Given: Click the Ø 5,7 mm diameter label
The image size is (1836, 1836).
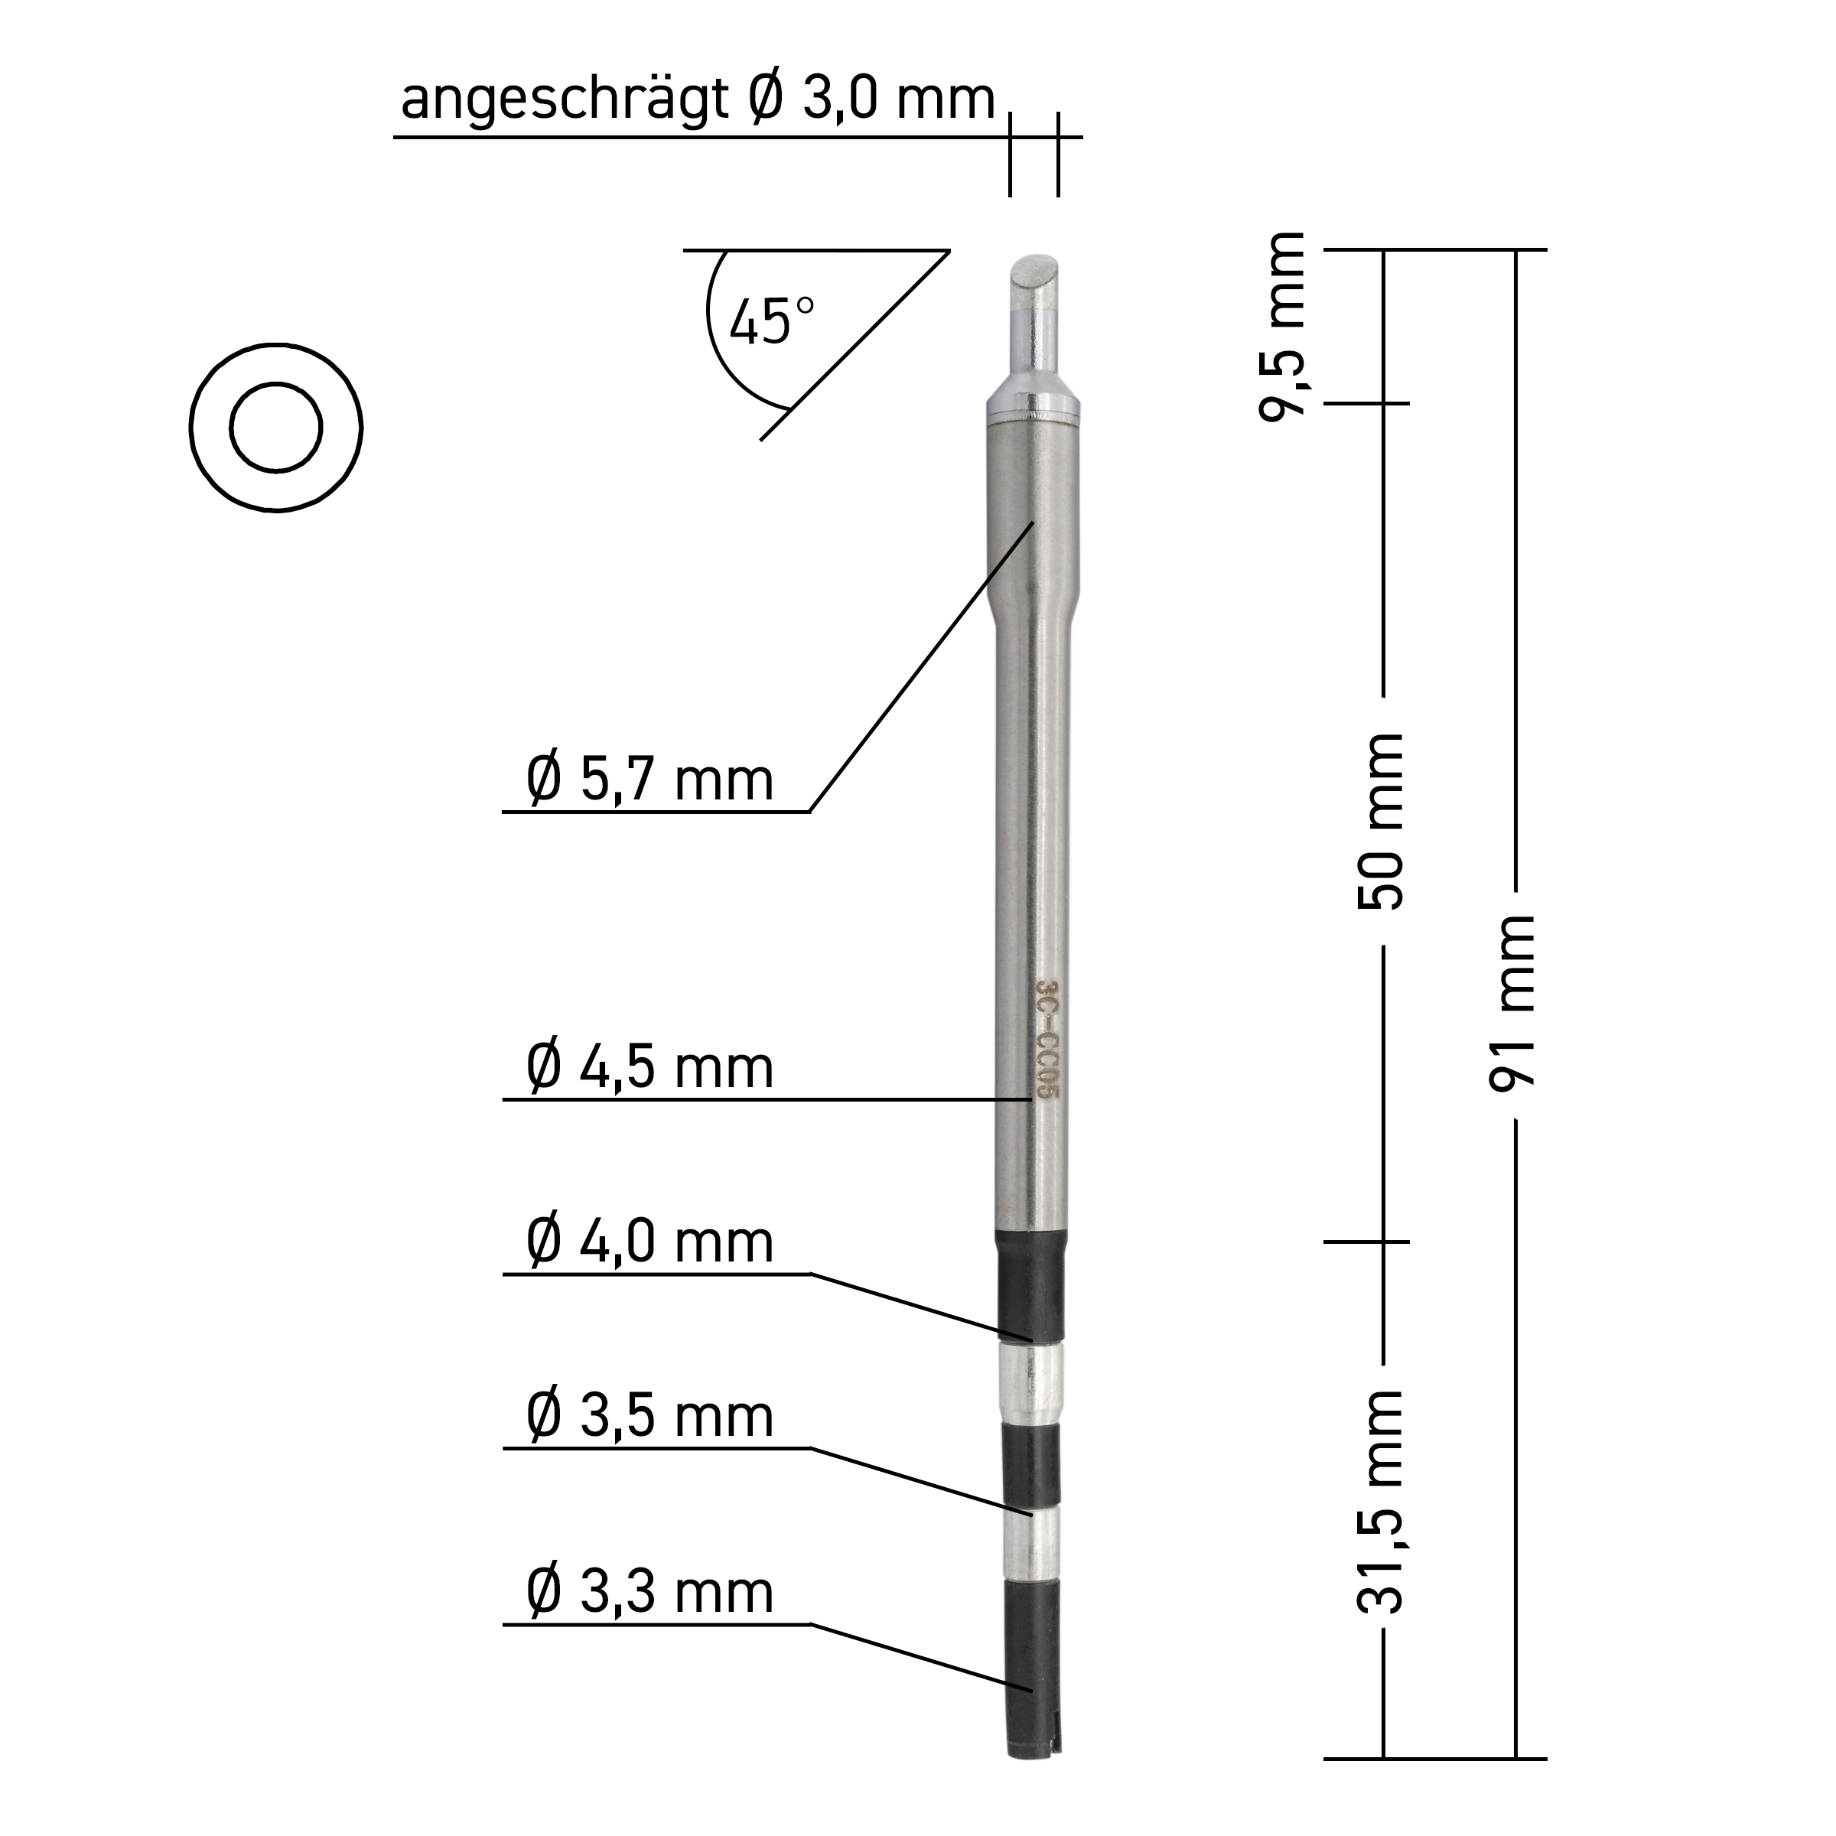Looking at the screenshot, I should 650,780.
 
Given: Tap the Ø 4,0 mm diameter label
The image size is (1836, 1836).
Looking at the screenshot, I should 650,1242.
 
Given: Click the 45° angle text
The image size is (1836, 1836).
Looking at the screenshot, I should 772,321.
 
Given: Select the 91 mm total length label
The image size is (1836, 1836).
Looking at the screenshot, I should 1513,1004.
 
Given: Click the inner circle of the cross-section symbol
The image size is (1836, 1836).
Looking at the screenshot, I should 275,428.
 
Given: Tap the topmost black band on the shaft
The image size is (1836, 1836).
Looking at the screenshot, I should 1030,1286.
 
